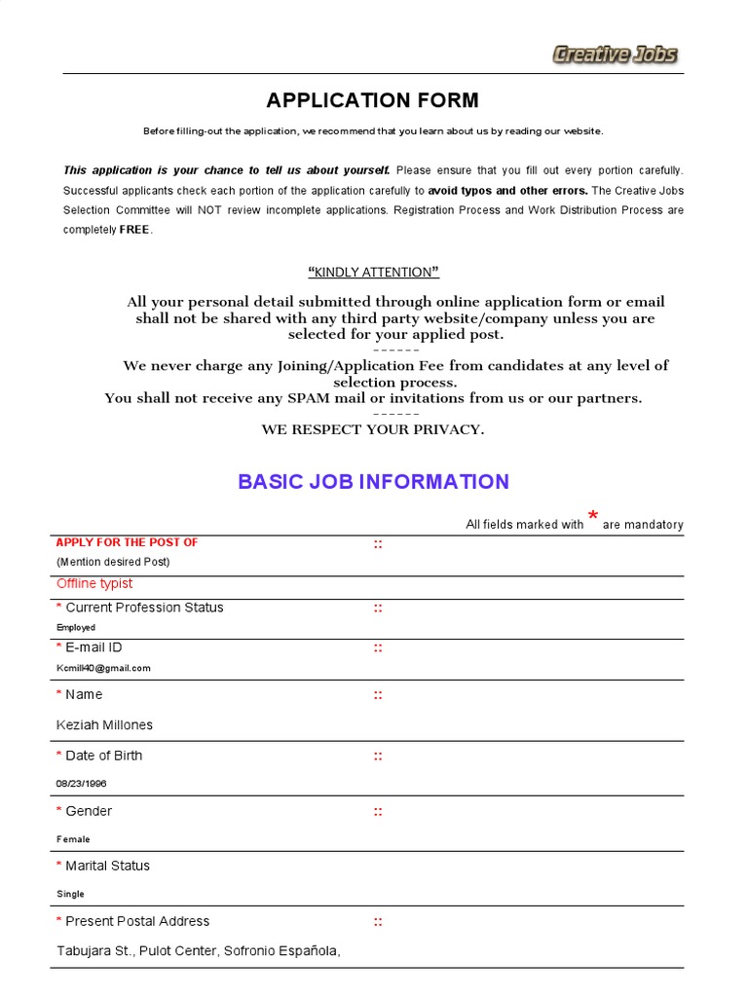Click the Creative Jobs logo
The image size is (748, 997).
[615, 55]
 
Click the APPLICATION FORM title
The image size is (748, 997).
[373, 100]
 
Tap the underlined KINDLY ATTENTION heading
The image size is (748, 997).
[373, 272]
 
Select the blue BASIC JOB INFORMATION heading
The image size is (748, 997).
[373, 481]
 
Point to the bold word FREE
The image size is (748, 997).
[134, 230]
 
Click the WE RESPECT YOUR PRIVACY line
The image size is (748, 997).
[373, 429]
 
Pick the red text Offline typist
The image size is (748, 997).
[94, 583]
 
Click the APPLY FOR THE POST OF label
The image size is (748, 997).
[127, 542]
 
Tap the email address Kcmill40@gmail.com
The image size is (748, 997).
[103, 668]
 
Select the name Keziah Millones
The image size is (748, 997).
[104, 725]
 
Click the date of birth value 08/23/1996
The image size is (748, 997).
[82, 783]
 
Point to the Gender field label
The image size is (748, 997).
[88, 811]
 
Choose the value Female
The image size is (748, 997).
[73, 839]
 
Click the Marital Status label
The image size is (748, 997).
[107, 866]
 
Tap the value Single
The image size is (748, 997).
[70, 894]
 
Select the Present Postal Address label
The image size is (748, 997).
[136, 921]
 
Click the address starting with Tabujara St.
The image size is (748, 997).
[199, 951]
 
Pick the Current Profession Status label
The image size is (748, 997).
[144, 608]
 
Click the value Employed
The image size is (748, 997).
[76, 628]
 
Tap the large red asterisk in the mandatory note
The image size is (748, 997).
[592, 516]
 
